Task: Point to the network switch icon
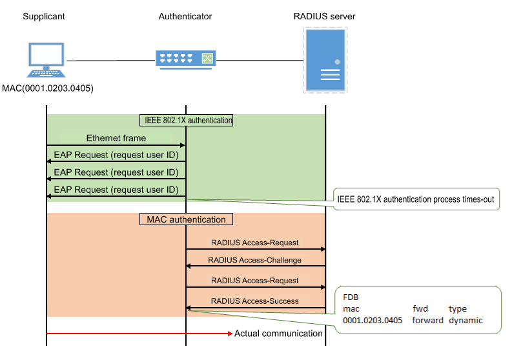(x=186, y=59)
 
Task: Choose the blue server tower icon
(x=325, y=62)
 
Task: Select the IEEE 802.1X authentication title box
(x=186, y=120)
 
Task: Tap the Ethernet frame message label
(x=116, y=138)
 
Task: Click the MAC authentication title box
(x=186, y=219)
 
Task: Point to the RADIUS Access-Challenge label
(x=255, y=261)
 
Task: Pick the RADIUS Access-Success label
(x=255, y=301)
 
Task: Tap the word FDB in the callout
(x=351, y=298)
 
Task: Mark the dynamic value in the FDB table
(x=466, y=320)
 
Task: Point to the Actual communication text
(x=278, y=334)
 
